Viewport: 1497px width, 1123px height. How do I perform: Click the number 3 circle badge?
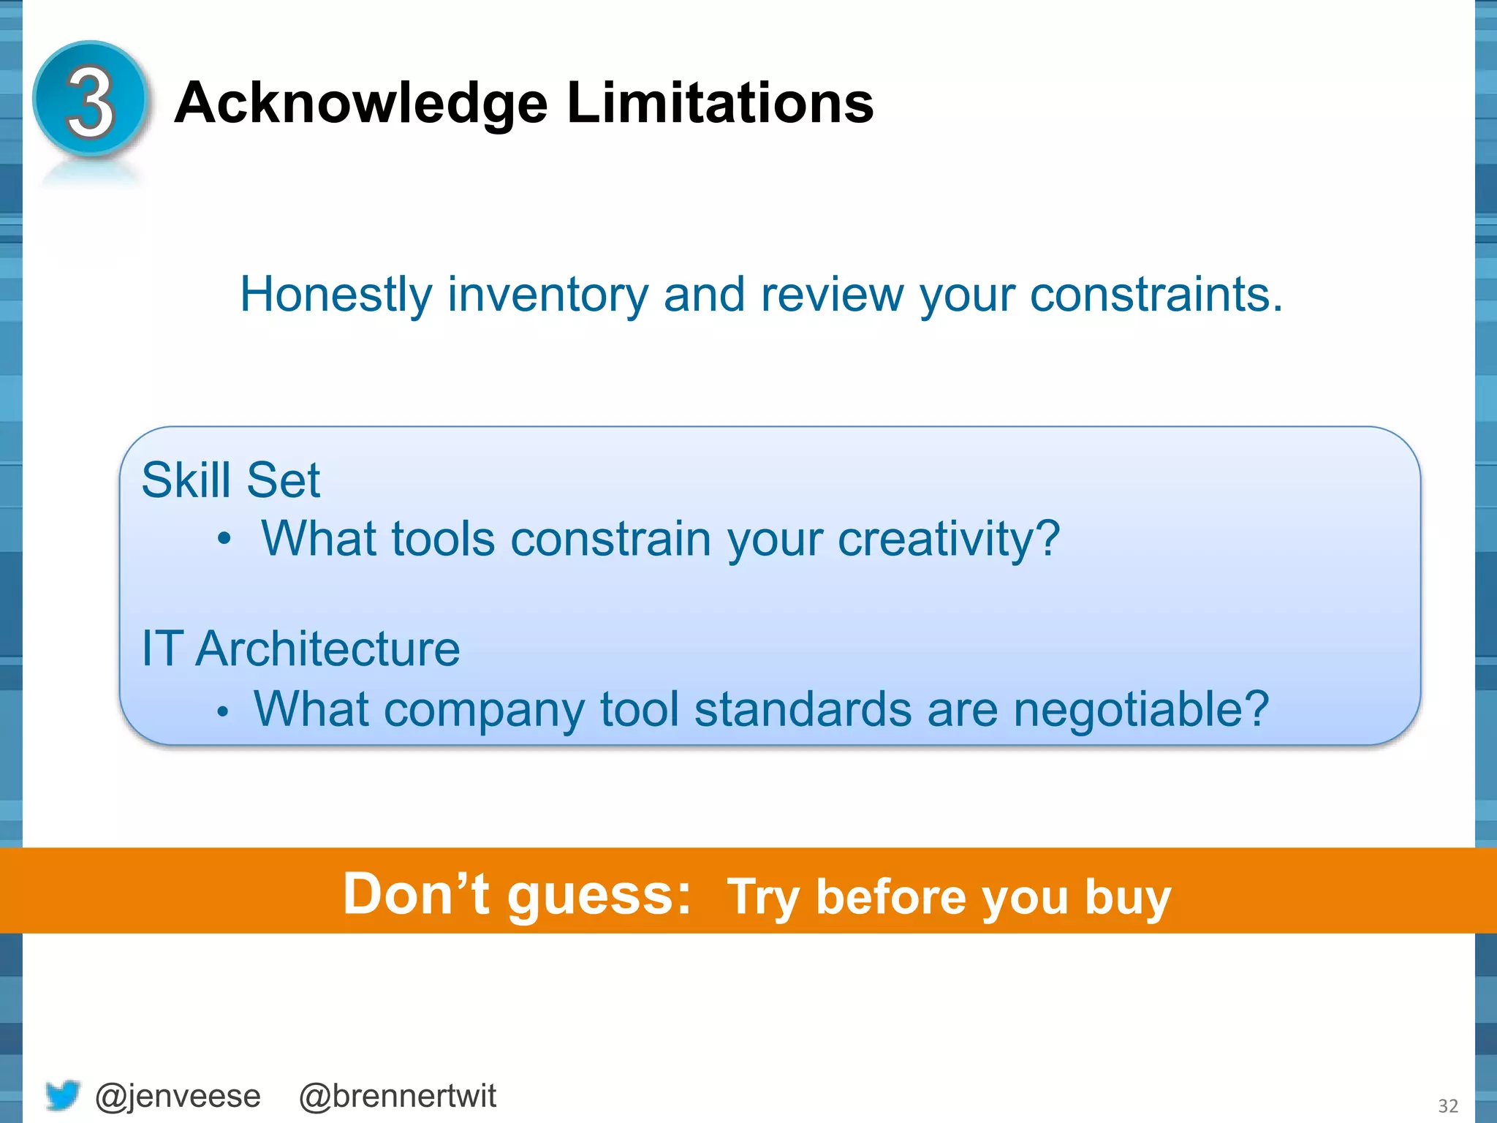[91, 100]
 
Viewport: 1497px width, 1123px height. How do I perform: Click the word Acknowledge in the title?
[361, 103]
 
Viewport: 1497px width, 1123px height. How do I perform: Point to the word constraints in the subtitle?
[1156, 295]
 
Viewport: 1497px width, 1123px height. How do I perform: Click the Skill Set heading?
[230, 480]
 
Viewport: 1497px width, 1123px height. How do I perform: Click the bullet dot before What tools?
[224, 540]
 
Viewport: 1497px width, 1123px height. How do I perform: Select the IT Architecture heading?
[300, 649]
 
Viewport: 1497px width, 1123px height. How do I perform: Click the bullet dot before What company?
[224, 711]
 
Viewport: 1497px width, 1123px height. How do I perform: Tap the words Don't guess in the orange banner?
[516, 893]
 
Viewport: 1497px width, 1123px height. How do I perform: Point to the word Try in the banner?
[763, 898]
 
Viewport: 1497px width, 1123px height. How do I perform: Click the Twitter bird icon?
[62, 1095]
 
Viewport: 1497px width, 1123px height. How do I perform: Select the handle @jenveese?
[178, 1096]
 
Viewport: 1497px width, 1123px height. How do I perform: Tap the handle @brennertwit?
[398, 1096]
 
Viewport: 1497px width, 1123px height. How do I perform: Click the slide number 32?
[1448, 1105]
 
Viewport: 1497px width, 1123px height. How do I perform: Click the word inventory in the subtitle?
[547, 295]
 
